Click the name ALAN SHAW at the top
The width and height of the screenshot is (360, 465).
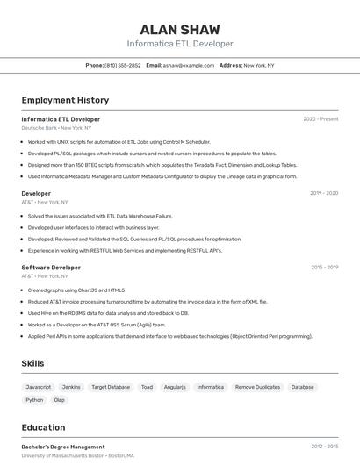point(180,29)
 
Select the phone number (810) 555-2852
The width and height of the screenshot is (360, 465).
point(122,65)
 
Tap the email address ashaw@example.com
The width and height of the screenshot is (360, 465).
point(190,65)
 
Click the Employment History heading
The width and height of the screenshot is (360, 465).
point(65,100)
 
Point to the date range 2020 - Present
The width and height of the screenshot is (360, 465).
point(320,119)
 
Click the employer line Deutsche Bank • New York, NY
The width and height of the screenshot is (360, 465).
point(56,128)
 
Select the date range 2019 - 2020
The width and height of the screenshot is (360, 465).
point(324,193)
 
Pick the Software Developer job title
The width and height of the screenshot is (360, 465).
point(51,267)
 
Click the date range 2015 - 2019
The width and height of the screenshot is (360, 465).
point(324,267)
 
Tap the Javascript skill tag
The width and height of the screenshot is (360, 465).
point(39,387)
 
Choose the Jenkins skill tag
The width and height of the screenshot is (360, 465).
point(71,387)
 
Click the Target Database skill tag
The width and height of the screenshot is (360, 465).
point(111,387)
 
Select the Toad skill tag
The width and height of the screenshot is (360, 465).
point(147,387)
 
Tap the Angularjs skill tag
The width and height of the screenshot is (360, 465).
point(175,387)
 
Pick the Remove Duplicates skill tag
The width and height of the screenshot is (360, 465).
point(257,387)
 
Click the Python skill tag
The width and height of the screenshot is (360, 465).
point(34,400)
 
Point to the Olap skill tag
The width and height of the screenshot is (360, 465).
point(60,400)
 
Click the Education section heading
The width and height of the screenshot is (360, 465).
point(43,427)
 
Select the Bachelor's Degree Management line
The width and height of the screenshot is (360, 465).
point(63,447)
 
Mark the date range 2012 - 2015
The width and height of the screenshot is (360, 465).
point(324,447)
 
